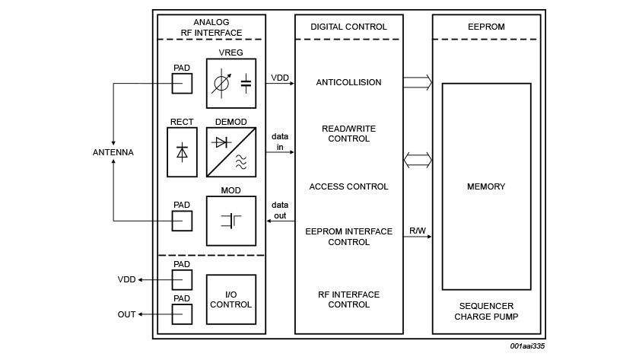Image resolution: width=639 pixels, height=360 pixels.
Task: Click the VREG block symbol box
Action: click(x=231, y=83)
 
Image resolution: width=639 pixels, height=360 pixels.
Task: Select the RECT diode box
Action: click(x=182, y=151)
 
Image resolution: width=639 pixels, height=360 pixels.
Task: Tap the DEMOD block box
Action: click(x=231, y=151)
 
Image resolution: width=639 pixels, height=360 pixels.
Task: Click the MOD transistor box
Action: click(x=231, y=221)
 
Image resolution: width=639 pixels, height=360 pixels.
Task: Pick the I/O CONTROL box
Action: click(x=231, y=299)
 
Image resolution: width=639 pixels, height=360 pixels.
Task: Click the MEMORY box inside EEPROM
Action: click(x=486, y=186)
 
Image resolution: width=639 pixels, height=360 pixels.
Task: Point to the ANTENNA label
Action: click(x=113, y=152)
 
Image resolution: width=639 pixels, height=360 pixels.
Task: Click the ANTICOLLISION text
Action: click(x=348, y=82)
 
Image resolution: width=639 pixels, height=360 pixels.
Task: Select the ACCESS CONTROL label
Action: click(x=348, y=186)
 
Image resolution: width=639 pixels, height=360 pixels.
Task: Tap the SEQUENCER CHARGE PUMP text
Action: click(x=486, y=311)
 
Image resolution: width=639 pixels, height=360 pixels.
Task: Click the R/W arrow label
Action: click(x=418, y=230)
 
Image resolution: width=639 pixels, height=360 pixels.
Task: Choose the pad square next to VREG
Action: click(x=182, y=83)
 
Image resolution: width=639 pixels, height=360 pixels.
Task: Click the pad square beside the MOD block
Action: click(x=182, y=221)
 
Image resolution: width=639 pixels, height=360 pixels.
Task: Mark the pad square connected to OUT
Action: click(x=182, y=314)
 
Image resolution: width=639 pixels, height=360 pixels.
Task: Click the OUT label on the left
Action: click(x=126, y=314)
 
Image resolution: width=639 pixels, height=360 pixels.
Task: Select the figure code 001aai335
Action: click(x=527, y=346)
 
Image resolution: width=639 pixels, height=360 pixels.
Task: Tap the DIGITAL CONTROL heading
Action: click(x=348, y=27)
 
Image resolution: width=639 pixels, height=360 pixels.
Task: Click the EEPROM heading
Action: click(x=486, y=27)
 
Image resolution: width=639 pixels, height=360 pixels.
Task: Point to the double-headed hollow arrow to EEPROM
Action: click(x=418, y=160)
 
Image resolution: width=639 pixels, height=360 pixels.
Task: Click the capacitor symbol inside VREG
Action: click(x=246, y=82)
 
